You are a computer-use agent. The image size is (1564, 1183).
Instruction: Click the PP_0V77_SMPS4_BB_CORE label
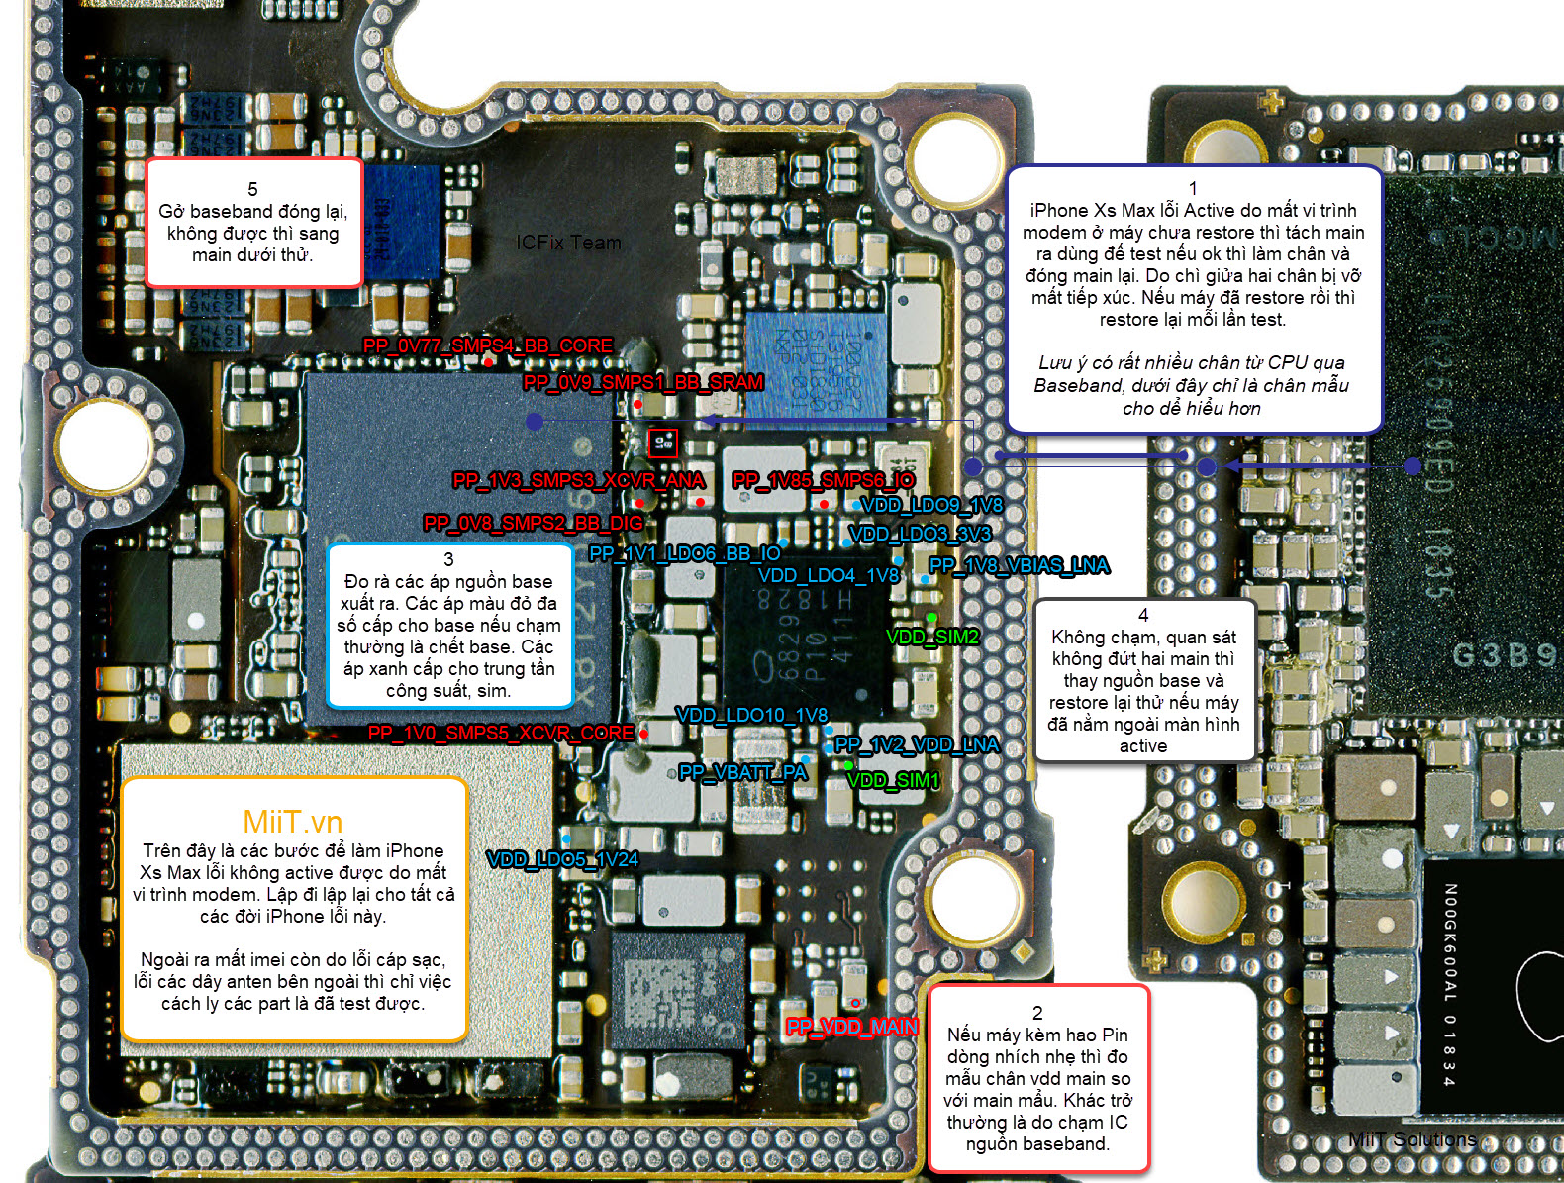tap(488, 345)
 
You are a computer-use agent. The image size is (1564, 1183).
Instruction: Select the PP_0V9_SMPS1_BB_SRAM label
tap(642, 382)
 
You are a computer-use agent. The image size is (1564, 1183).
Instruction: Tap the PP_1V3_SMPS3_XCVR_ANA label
tap(579, 480)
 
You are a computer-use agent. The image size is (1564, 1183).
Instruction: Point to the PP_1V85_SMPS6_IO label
tap(824, 480)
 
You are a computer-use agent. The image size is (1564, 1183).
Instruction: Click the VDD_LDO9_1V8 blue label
tap(931, 505)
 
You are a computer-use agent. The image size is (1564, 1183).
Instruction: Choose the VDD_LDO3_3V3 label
tap(920, 534)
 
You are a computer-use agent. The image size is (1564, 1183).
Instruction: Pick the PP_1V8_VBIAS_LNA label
tap(1019, 565)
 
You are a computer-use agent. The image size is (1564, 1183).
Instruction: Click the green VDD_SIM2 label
tap(932, 637)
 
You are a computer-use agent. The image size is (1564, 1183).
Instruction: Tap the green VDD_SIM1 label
tap(893, 780)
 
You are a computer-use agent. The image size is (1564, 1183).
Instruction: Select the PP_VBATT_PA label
tap(743, 772)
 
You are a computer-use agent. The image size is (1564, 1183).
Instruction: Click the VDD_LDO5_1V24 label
tap(562, 859)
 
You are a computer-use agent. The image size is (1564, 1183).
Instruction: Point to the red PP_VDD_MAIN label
tap(851, 1027)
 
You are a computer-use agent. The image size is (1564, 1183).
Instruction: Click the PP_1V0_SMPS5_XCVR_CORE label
tap(501, 733)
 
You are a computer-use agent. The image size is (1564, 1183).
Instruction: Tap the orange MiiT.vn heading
tap(293, 821)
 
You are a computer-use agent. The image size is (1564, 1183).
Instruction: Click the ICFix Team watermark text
tap(568, 243)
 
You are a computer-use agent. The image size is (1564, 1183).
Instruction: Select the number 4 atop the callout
tap(1143, 615)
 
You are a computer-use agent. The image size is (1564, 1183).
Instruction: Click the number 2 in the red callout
tap(1037, 1013)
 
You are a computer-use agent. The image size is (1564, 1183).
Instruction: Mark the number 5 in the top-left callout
tap(252, 189)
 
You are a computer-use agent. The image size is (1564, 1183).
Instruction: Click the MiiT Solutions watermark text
tap(1412, 1139)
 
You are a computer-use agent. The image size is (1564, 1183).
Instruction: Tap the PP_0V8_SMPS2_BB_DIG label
tap(533, 523)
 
